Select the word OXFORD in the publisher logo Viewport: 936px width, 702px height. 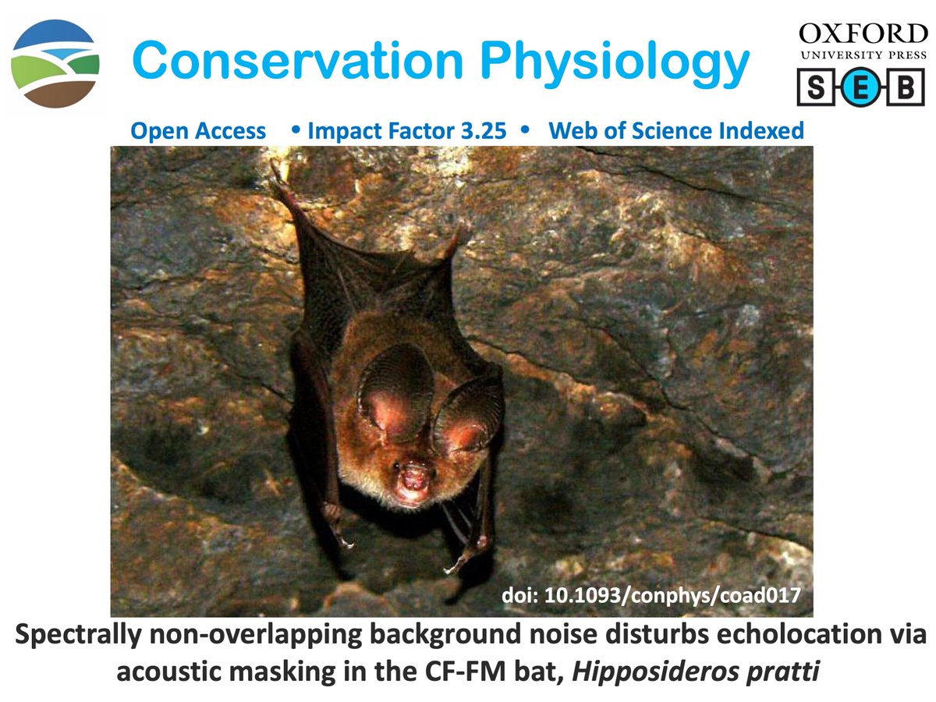click(862, 34)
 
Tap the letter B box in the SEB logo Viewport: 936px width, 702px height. click(906, 87)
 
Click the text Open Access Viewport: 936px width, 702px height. click(198, 131)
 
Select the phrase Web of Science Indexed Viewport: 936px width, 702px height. click(676, 131)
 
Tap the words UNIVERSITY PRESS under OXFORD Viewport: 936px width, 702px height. click(862, 55)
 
